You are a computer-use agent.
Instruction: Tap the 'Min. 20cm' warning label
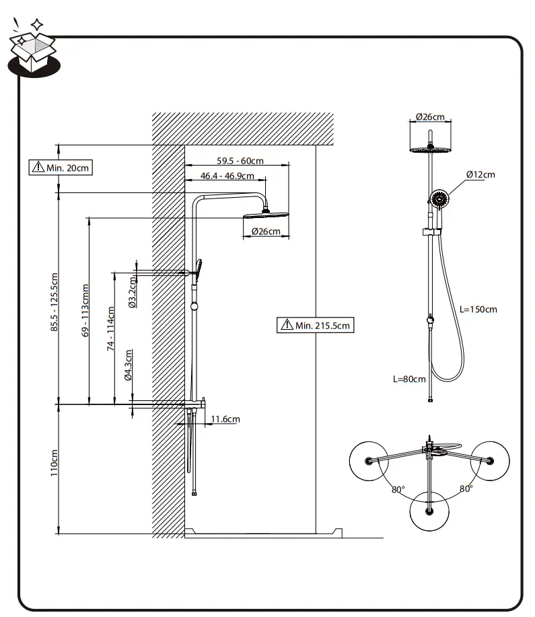60,167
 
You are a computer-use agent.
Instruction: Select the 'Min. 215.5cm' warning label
316,325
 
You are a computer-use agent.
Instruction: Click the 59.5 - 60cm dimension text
240,161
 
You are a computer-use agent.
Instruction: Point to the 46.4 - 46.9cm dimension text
227,176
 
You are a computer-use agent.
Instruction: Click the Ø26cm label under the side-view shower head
266,231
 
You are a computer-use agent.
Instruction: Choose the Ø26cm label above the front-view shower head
430,116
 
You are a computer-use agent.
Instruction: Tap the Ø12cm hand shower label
480,174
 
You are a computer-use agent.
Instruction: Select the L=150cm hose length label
478,310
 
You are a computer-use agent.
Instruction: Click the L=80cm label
409,379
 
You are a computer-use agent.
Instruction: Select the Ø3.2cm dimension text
132,293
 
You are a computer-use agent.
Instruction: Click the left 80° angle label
398,489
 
